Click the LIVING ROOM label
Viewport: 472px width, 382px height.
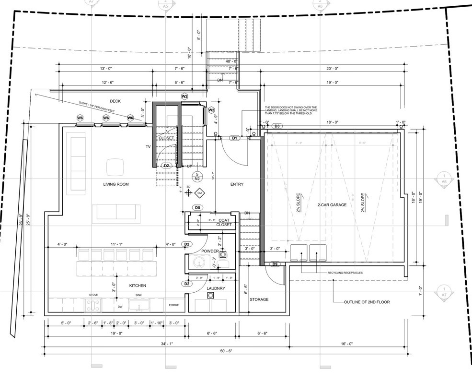116,184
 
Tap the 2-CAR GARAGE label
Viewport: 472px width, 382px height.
332,205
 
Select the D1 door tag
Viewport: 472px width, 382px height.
235,138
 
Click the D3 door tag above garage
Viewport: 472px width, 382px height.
276,126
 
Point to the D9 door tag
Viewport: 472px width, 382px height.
275,264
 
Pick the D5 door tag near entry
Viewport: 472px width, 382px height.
197,207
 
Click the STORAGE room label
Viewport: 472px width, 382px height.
259,299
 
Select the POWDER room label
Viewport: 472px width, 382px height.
210,251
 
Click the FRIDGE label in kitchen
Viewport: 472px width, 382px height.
173,305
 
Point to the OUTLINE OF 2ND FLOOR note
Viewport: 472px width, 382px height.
367,302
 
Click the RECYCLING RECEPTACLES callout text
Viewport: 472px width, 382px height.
345,273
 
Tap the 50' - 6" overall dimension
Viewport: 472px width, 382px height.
226,352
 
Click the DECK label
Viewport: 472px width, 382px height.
115,101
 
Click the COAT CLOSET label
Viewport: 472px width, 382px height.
223,222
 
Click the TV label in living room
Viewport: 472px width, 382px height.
148,146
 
